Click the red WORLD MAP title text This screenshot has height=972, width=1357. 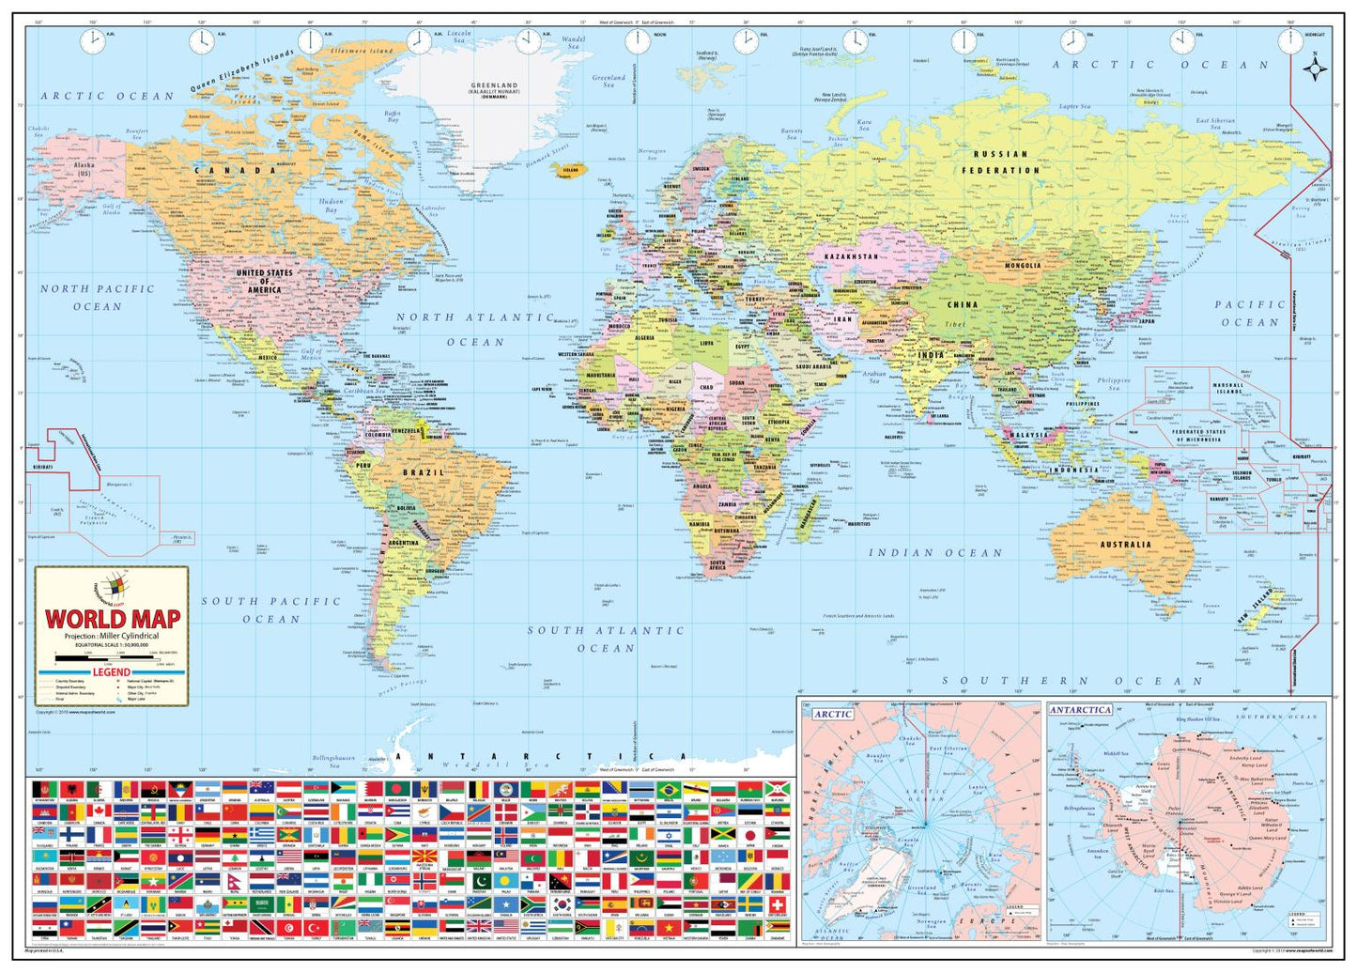coord(113,619)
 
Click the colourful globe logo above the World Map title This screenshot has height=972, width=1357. coord(112,588)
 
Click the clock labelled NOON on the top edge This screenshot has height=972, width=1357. coord(637,41)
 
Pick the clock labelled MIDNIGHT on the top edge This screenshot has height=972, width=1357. coord(1290,41)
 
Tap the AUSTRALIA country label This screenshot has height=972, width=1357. coord(1125,545)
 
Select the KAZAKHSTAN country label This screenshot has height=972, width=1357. coord(851,256)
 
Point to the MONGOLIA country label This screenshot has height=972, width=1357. coord(1023,266)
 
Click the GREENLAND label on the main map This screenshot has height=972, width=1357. coord(494,86)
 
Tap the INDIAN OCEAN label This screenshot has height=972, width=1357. coord(934,553)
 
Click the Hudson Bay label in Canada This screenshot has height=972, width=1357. coord(331,206)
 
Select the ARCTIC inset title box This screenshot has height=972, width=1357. coord(832,715)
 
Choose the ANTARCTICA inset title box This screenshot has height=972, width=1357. coord(1080,710)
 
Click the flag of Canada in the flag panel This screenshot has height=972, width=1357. coord(99,810)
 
